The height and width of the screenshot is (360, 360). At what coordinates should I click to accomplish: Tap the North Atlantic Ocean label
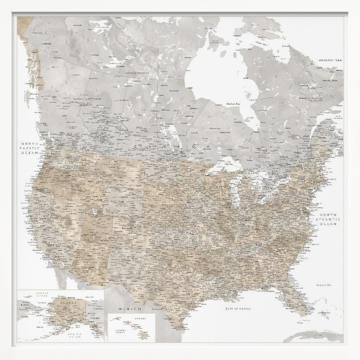329,219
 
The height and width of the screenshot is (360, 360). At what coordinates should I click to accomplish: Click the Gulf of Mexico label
238,309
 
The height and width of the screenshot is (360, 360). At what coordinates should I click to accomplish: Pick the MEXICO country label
130,309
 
